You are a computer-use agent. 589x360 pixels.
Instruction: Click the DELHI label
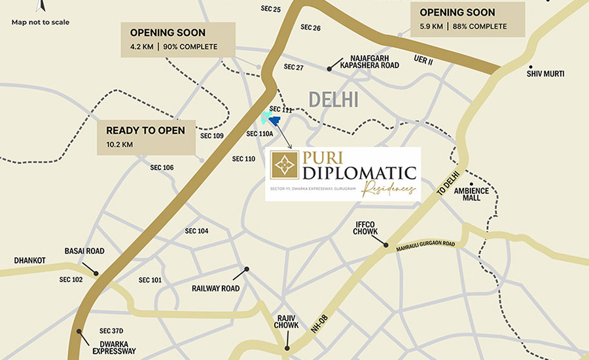tap(334, 99)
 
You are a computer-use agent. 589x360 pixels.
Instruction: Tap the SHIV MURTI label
tap(545, 74)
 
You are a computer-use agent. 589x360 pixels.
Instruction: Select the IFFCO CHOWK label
tap(366, 227)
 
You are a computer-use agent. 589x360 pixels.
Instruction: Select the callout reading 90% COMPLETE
tap(177, 39)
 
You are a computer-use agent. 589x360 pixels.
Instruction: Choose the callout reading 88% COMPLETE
tap(469, 19)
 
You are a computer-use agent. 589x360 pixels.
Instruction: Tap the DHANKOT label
tap(30, 261)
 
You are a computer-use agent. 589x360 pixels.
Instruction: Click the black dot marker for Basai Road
tap(96, 274)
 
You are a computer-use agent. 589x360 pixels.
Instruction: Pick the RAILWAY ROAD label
tap(215, 288)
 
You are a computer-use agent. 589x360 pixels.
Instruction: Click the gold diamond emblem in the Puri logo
tap(285, 166)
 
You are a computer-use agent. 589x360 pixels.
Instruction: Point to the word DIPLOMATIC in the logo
tap(359, 173)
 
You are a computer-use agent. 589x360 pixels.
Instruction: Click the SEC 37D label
tap(111, 331)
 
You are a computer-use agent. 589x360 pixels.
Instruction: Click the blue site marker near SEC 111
tap(274, 120)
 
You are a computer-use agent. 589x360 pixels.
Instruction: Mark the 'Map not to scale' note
tap(41, 22)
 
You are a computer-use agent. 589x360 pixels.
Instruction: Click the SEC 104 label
tap(196, 231)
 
